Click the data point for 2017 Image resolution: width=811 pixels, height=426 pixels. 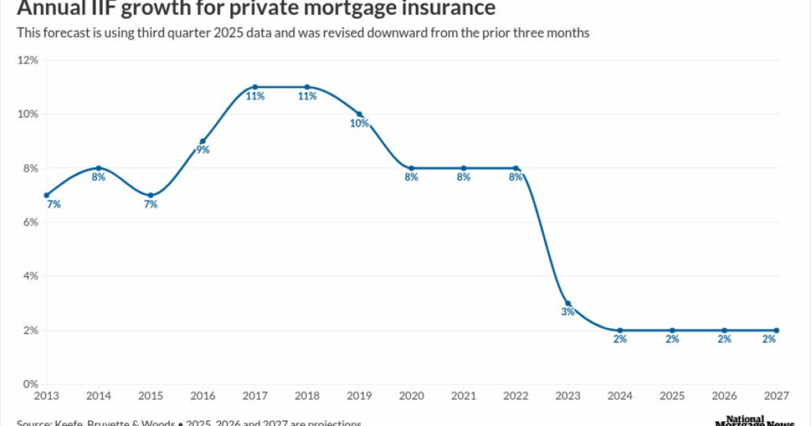[255, 87]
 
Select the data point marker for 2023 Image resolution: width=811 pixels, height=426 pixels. [568, 303]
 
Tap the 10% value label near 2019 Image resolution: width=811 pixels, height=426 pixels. [359, 124]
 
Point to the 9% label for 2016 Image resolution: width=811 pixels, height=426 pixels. [203, 150]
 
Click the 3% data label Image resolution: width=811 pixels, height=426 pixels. [568, 312]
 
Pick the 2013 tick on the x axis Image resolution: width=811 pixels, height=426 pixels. [46, 394]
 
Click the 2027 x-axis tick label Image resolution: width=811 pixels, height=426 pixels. [776, 394]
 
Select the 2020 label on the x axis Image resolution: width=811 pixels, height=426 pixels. [411, 394]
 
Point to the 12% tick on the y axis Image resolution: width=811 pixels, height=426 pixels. [28, 60]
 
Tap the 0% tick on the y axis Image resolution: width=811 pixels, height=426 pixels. [30, 384]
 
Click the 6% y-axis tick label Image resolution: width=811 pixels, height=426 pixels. [30, 223]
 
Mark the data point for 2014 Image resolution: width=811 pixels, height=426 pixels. [98, 168]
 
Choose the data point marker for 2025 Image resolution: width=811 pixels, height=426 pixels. [672, 330]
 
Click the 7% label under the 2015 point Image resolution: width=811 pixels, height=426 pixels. [150, 204]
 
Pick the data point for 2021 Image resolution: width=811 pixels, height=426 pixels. [463, 168]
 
